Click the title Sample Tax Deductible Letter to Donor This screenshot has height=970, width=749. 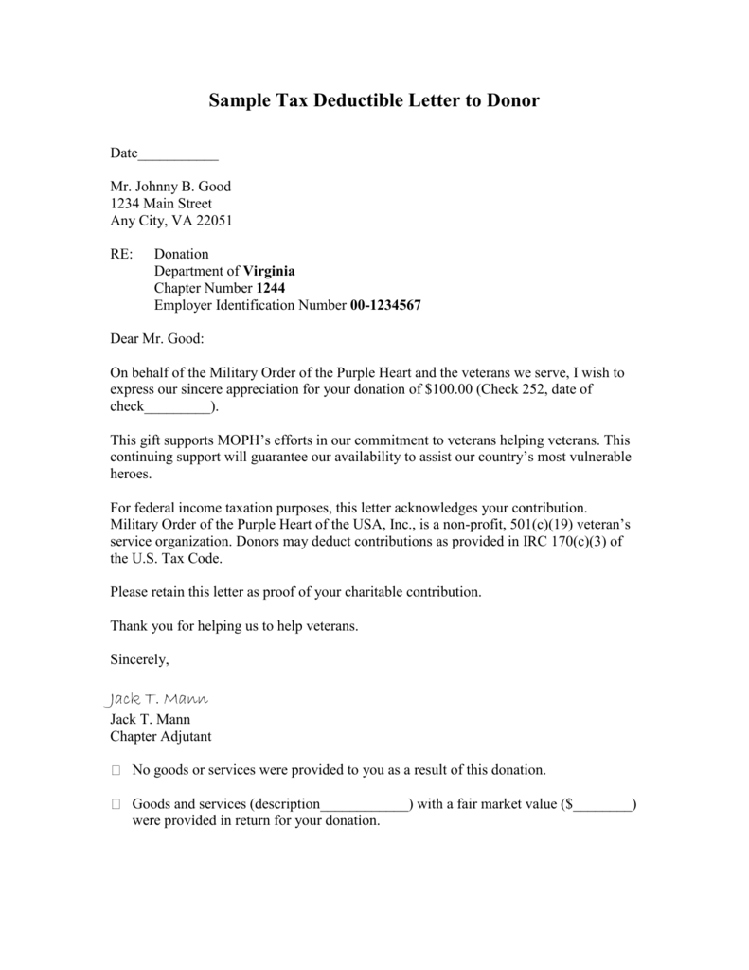pos(374,100)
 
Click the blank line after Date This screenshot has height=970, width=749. pos(178,154)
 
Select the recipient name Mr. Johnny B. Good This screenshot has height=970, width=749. pos(170,187)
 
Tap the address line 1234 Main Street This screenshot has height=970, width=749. pos(161,204)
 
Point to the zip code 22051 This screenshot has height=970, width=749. pos(213,221)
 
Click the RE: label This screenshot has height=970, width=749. pos(123,254)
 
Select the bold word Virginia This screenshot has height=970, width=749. pos(270,271)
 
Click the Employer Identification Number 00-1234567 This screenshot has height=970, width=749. pos(385,305)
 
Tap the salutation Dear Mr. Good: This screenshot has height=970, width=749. pos(157,338)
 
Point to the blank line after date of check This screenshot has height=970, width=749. pos(177,407)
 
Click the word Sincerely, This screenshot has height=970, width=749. pos(140,659)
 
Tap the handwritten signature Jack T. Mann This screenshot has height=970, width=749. pos(154,699)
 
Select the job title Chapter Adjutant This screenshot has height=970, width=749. pos(161,736)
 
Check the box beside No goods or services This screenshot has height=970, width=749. pos(116,770)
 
